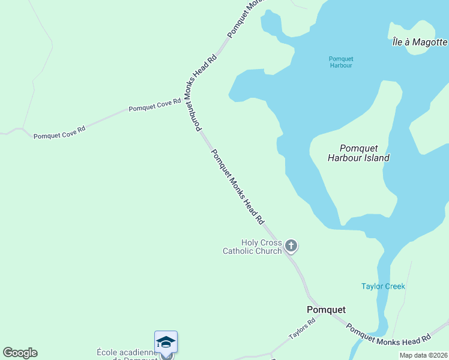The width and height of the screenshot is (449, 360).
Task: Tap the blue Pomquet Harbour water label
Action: (x=341, y=62)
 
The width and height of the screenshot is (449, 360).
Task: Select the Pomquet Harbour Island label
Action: (x=358, y=153)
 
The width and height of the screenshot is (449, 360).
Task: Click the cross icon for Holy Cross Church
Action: (x=291, y=245)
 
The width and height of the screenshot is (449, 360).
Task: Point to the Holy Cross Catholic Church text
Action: (x=252, y=247)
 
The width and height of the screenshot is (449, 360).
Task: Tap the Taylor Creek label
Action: (x=383, y=286)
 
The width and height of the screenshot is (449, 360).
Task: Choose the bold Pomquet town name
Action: (x=326, y=310)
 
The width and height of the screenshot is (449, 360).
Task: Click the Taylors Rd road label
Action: (x=301, y=328)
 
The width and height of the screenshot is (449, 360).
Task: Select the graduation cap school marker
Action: (x=166, y=342)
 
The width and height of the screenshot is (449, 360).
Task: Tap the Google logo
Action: (x=20, y=353)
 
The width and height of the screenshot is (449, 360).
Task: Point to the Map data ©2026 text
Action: (x=423, y=355)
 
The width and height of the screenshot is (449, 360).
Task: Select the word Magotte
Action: (x=430, y=42)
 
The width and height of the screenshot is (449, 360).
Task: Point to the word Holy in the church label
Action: (x=250, y=242)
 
